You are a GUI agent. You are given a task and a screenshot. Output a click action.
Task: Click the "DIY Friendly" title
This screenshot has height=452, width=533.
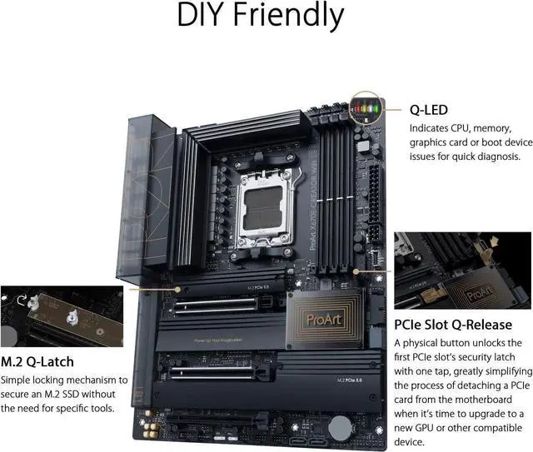261,15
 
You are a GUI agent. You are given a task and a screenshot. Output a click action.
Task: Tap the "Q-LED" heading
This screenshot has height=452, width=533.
429,110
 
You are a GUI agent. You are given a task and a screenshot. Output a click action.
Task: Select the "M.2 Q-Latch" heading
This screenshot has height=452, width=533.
37,361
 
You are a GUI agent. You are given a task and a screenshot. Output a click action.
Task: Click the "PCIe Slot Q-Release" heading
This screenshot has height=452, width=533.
453,325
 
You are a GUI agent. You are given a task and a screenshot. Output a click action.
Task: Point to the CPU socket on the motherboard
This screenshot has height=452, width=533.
265,206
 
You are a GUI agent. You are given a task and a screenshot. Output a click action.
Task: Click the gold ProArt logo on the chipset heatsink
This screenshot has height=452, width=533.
324,320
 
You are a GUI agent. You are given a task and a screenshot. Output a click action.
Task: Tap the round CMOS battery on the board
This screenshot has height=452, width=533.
341,429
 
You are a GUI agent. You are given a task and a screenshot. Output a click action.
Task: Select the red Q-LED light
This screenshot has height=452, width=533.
357,109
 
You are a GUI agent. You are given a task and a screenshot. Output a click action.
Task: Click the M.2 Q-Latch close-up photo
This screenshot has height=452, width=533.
62,316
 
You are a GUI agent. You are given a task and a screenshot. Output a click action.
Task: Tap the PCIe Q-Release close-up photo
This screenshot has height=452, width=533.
463,271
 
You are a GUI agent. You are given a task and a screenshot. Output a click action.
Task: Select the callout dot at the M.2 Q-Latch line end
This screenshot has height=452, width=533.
177,290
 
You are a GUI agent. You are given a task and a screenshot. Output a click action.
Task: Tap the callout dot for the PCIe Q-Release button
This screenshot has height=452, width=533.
356,271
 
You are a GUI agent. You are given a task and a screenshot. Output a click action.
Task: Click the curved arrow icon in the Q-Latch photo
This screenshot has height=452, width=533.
22,301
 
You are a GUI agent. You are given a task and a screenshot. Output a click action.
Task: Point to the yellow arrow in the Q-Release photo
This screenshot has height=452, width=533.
494,241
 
